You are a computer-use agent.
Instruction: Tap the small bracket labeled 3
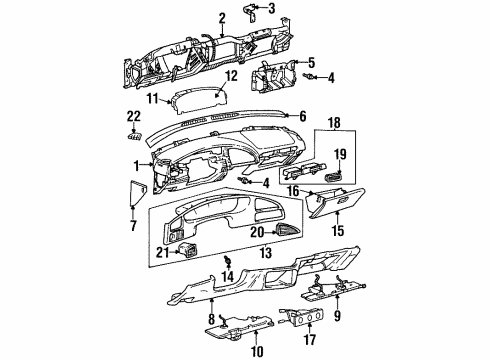click(250, 13)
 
